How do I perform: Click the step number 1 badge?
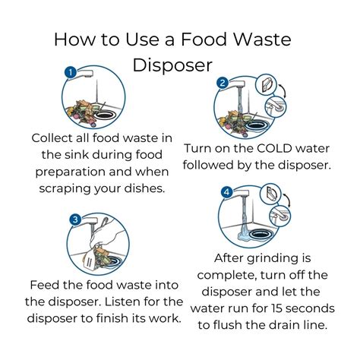point(71,73)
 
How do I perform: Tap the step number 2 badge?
point(223,83)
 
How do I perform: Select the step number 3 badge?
point(75,219)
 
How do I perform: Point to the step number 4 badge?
point(226,192)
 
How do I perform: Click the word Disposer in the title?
point(172,65)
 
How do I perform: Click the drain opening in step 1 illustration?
point(106,115)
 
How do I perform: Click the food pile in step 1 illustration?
point(82,112)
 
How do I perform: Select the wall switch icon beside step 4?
point(270,194)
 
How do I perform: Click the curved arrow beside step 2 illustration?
point(283,90)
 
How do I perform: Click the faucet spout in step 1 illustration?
point(84,74)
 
